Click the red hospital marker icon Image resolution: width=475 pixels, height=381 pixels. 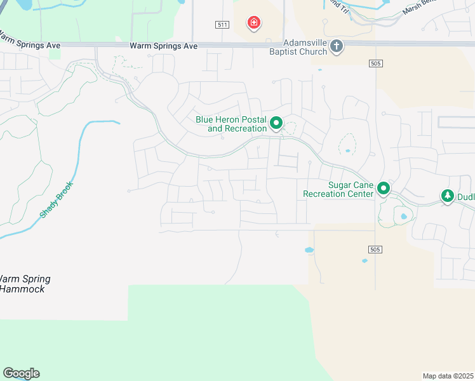(x=254, y=23)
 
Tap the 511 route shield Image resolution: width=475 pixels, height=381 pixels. (x=222, y=25)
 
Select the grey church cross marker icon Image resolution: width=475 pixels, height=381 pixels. (x=337, y=46)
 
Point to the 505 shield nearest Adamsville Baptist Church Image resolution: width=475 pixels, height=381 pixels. (x=375, y=63)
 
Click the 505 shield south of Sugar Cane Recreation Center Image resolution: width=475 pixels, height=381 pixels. (x=375, y=250)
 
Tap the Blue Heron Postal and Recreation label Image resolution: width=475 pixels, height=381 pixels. (x=231, y=124)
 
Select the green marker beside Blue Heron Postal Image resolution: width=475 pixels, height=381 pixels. (x=276, y=123)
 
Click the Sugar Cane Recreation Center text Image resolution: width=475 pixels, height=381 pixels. (x=337, y=189)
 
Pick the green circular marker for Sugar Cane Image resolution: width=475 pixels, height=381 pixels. (x=384, y=189)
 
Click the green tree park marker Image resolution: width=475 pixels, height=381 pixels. (x=448, y=196)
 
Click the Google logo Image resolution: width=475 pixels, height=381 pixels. (x=21, y=373)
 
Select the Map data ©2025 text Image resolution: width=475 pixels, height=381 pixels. (x=448, y=375)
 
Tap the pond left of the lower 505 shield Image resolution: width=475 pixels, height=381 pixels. (x=309, y=250)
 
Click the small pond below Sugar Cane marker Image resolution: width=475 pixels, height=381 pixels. (x=404, y=217)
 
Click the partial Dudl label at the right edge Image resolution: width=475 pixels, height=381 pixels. (x=465, y=197)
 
